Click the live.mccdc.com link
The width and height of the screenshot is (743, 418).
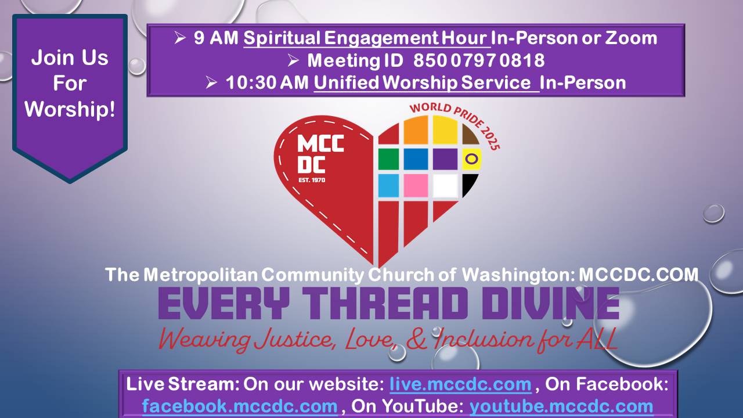tap(460, 384)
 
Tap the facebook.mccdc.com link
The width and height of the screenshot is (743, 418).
tap(240, 406)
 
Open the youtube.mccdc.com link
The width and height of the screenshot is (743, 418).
tap(561, 406)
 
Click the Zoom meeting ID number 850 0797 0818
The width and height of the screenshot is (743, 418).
tap(479, 60)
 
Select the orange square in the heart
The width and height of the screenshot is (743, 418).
tap(416, 130)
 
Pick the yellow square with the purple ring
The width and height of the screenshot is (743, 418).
tap(472, 159)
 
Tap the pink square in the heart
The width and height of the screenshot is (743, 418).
tap(416, 186)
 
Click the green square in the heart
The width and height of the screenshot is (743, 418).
tap(388, 159)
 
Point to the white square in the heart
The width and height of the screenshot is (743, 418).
tap(445, 186)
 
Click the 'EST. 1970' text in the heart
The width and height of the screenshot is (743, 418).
tap(312, 180)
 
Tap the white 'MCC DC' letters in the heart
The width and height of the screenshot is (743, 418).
tap(320, 154)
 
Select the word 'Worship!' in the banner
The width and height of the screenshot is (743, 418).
tap(70, 109)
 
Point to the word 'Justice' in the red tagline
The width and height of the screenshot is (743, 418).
tap(293, 340)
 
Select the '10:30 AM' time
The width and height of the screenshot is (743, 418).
tap(267, 82)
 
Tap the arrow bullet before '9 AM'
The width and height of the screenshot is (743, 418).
tap(180, 38)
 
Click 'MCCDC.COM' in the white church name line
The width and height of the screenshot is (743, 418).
tap(639, 275)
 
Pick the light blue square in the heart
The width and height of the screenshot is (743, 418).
tap(388, 186)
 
